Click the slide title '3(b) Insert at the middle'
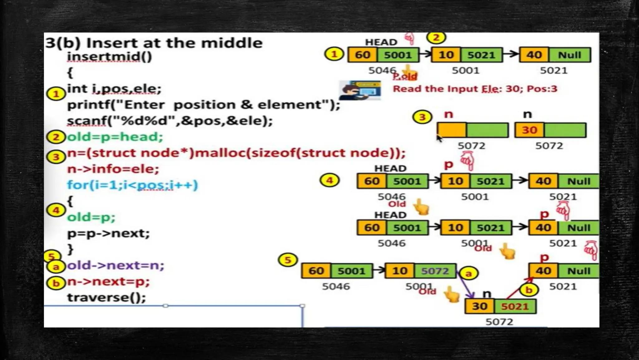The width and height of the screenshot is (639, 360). point(154,43)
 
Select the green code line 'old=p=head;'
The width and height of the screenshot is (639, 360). point(115,137)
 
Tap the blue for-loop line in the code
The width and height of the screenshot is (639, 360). point(133,185)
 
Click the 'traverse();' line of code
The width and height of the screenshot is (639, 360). point(106,297)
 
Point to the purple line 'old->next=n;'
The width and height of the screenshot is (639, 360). point(115,265)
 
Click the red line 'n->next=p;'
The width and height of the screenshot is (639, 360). point(108,282)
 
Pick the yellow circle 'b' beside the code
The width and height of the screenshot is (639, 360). point(56,283)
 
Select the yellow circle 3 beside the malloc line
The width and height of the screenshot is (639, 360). point(56,157)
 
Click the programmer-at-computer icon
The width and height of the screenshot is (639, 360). point(360,90)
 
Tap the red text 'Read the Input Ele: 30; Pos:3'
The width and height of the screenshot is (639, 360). point(475,89)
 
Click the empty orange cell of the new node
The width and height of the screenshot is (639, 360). point(452,130)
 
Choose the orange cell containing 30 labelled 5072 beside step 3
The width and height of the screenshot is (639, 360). point(529,130)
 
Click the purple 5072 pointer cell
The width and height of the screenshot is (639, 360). point(435,271)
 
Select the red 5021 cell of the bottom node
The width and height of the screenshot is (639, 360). point(515,307)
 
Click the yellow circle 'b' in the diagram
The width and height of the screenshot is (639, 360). point(529,290)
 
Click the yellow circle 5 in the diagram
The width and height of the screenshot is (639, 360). point(288,260)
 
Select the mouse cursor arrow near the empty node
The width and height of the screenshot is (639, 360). point(439,138)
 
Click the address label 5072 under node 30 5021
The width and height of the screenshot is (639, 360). point(499,322)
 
